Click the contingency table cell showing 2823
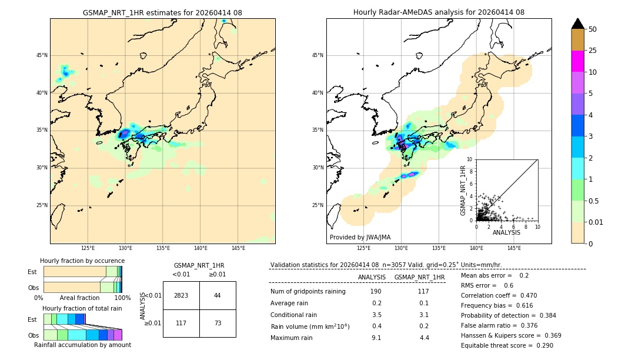pos(181,295)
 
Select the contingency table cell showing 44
pos(218,295)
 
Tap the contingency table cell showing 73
pos(218,324)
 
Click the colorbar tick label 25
pos(593,51)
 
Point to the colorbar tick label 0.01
pos(595,222)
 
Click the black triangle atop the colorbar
pos(578,24)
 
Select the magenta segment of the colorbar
pos(578,61)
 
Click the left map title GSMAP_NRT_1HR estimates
pos(162,12)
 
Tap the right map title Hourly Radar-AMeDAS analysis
pos(439,12)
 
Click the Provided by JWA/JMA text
pos(360,237)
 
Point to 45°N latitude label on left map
pos(42,55)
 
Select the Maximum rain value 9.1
pos(376,338)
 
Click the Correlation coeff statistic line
pos(499,295)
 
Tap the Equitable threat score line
pos(507,345)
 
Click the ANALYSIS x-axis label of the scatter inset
pos(506,232)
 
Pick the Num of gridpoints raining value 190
pos(376,292)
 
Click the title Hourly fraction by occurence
pos(82,261)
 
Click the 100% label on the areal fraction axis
pos(122,298)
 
